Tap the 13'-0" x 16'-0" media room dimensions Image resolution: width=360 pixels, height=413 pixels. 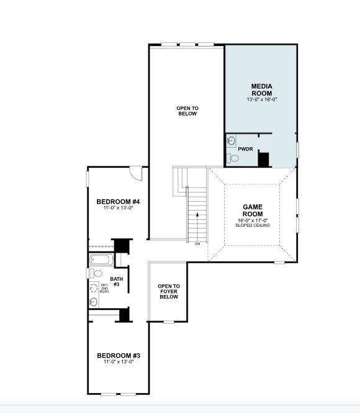[261, 99]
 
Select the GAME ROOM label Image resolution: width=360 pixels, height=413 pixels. [253, 210]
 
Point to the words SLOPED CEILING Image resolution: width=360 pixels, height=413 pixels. [253, 225]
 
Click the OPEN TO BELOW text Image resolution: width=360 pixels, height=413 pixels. [186, 111]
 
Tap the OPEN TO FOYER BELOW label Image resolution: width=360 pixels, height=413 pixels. [168, 291]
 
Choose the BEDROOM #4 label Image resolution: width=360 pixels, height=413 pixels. [118, 202]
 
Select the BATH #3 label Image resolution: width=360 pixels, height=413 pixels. [116, 281]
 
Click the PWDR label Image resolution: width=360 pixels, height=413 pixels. [245, 149]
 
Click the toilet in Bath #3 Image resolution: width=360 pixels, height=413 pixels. [96, 273]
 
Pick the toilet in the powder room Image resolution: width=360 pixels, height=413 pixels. [233, 158]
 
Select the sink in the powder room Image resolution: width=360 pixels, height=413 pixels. [232, 140]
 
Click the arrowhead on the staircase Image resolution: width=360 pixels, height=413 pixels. [197, 214]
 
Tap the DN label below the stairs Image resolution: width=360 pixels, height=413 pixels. [197, 243]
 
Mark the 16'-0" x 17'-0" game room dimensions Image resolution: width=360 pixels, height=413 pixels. [253, 220]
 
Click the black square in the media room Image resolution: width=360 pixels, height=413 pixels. [263, 159]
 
